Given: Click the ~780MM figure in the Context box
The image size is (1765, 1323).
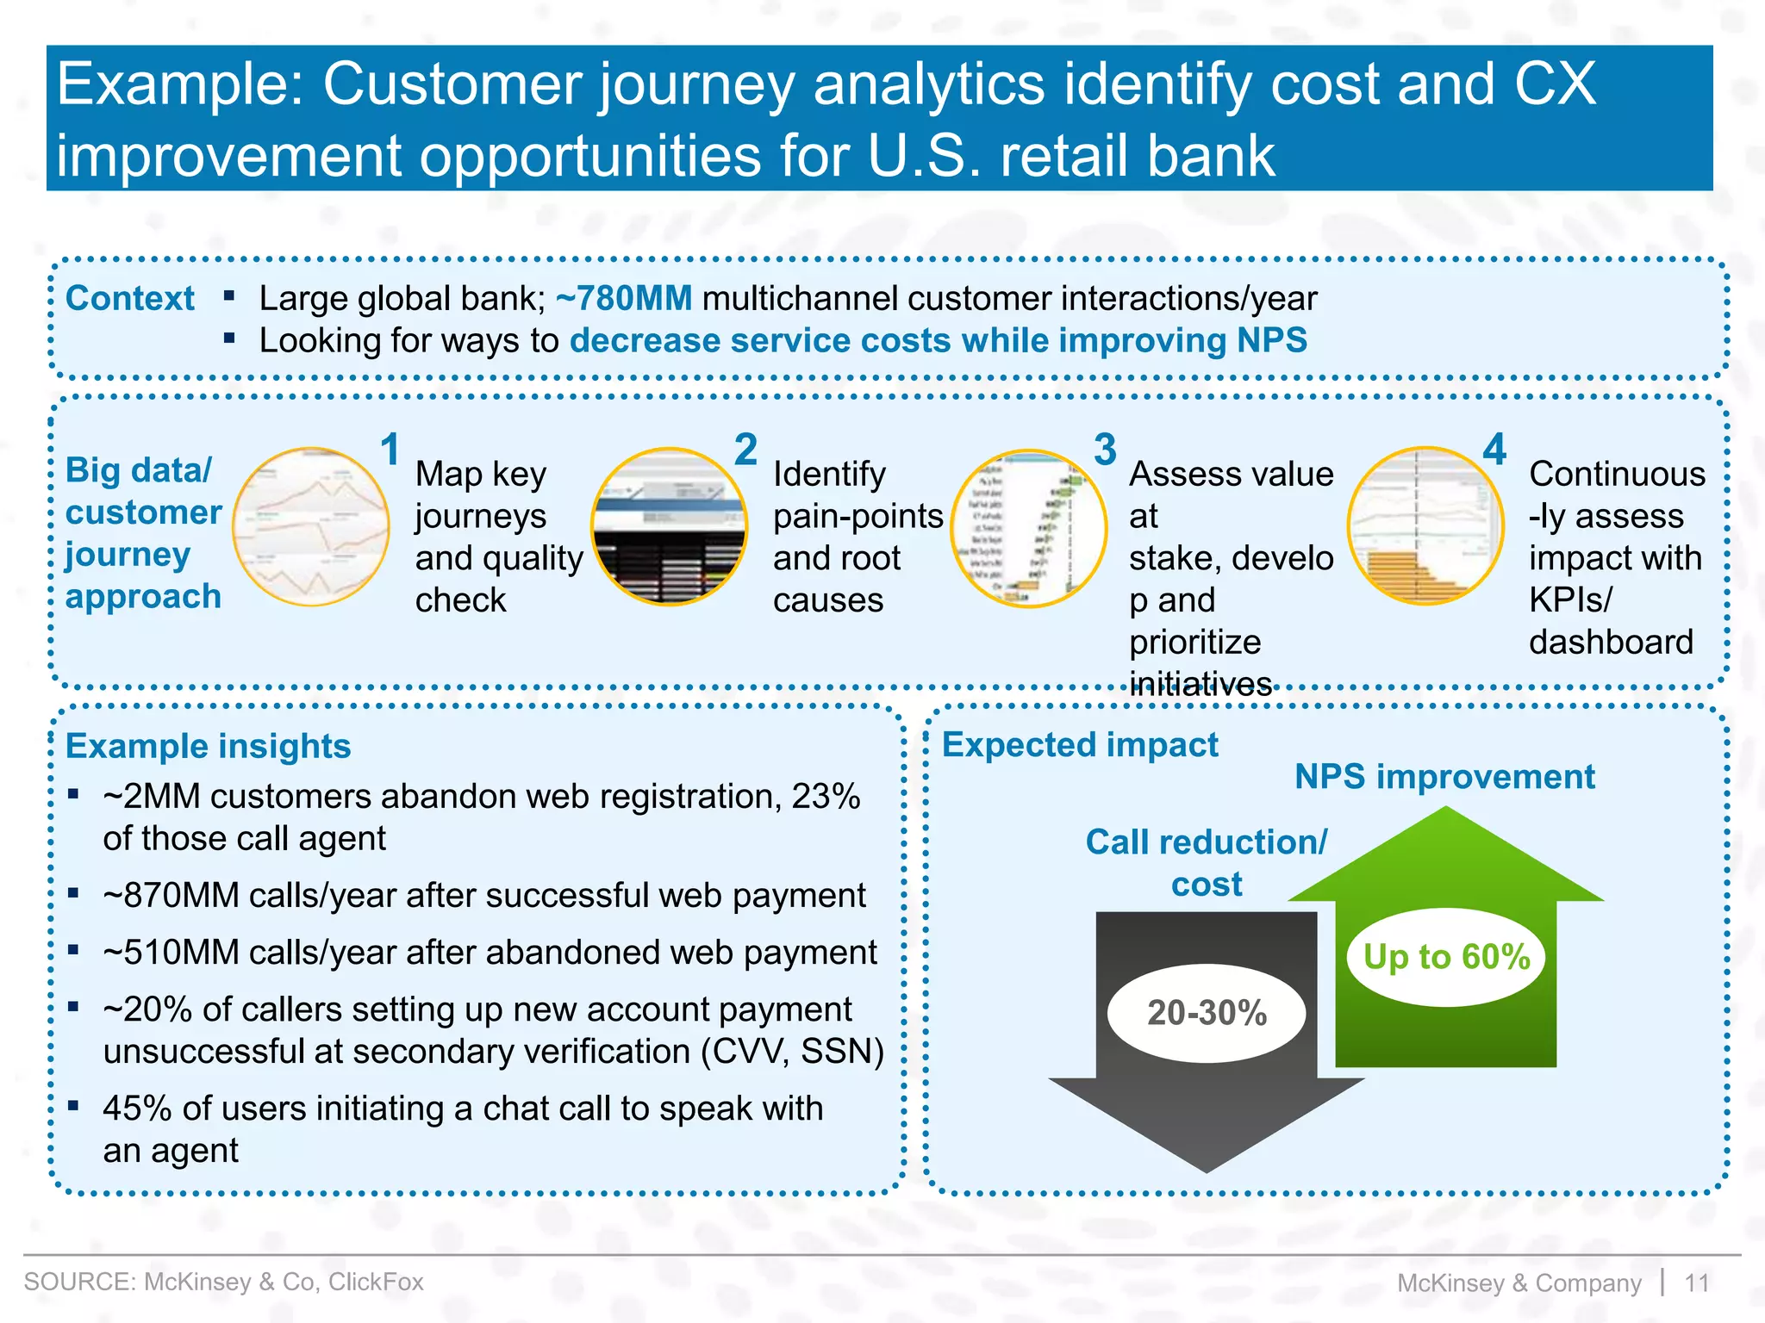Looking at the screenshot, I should point(624,299).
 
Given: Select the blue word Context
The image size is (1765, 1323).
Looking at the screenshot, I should point(130,299).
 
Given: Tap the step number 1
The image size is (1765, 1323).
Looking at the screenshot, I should point(390,450).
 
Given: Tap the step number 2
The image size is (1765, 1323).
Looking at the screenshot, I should point(745,450).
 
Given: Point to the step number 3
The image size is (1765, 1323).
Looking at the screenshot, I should point(1105,450).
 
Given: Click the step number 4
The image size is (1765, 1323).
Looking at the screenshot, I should point(1494,450).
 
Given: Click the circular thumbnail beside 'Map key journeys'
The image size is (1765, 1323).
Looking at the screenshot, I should point(311,526).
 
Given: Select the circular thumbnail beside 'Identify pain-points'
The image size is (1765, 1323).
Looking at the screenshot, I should point(670,526).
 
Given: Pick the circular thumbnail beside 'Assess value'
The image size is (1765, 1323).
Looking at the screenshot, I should point(1028,528).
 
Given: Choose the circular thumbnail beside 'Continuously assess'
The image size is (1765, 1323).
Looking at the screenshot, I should point(1425,525).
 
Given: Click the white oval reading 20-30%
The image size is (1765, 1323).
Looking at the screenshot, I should point(1207,1013).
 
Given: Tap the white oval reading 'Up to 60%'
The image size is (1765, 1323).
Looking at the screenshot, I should point(1447,957).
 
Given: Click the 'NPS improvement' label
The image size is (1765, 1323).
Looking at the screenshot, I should point(1444,777).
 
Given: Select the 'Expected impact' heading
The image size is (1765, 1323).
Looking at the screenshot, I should point(1080,745).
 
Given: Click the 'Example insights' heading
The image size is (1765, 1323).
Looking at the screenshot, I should point(209,746).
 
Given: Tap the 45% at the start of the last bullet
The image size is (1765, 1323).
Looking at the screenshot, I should point(137,1109).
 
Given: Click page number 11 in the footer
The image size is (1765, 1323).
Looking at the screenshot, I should point(1696,1283).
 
